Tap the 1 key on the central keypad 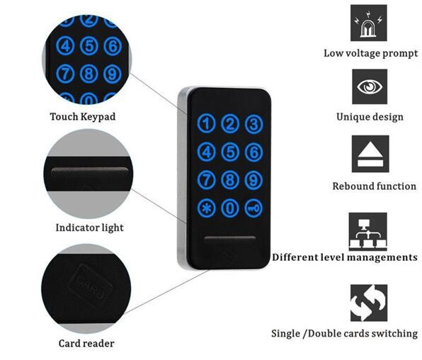[x=207, y=124]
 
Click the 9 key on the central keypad [x=253, y=180]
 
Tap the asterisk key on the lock [x=207, y=208]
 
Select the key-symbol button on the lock [x=253, y=208]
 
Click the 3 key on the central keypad [x=253, y=124]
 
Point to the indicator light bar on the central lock [x=230, y=239]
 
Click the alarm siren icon [x=369, y=23]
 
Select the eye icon [x=370, y=86]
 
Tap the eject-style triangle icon [x=370, y=154]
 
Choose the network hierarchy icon [x=368, y=232]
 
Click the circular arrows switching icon [x=369, y=303]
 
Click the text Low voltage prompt [x=370, y=53]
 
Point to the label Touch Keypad [x=83, y=117]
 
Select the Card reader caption [x=86, y=343]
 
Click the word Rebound [x=353, y=186]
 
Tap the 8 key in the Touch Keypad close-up [x=89, y=73]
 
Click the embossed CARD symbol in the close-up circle [x=90, y=285]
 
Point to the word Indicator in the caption [x=74, y=227]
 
